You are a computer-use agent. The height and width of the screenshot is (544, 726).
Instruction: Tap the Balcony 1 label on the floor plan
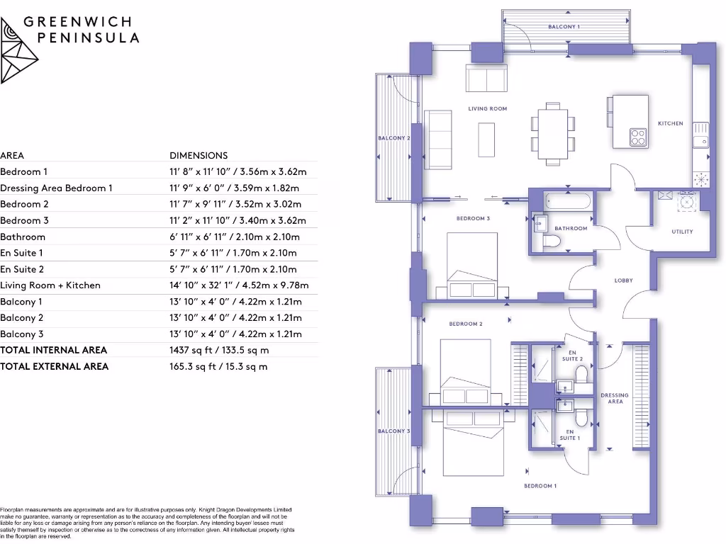click(x=564, y=26)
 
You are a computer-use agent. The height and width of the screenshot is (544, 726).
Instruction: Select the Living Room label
click(x=487, y=108)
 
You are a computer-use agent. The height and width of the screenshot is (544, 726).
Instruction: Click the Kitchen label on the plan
click(x=670, y=123)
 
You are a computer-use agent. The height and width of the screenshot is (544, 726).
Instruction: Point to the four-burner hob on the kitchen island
click(x=637, y=136)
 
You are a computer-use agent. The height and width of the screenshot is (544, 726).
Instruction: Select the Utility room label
click(x=681, y=232)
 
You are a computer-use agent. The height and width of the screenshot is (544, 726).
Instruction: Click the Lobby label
click(x=623, y=280)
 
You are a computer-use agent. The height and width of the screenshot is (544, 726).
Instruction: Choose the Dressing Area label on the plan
click(x=615, y=398)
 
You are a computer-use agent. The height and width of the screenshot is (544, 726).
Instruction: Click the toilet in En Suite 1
click(x=581, y=418)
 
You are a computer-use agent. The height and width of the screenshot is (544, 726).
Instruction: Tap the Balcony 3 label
click(x=393, y=431)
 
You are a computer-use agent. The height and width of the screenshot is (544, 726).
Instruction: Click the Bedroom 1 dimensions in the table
click(x=238, y=171)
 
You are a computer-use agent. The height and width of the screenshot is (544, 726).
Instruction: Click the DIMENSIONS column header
click(x=199, y=155)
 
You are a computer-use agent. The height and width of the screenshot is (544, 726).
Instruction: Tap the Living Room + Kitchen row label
click(x=50, y=285)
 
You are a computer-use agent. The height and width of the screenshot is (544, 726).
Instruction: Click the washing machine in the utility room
click(x=686, y=203)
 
